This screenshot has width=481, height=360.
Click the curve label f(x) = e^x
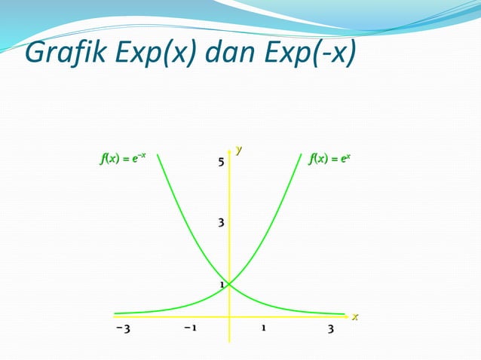(329, 159)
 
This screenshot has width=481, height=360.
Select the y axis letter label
(240, 150)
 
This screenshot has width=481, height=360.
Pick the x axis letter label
(355, 317)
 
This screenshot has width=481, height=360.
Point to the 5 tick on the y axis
(221, 162)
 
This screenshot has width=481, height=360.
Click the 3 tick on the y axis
(221, 223)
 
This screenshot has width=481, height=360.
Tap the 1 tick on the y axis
(222, 285)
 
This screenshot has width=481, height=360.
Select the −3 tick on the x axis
(124, 329)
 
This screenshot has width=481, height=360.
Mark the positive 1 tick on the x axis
(264, 329)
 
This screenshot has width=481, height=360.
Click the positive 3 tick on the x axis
(331, 329)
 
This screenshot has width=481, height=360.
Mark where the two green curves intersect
(229, 284)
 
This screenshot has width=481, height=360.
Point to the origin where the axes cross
(229, 315)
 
